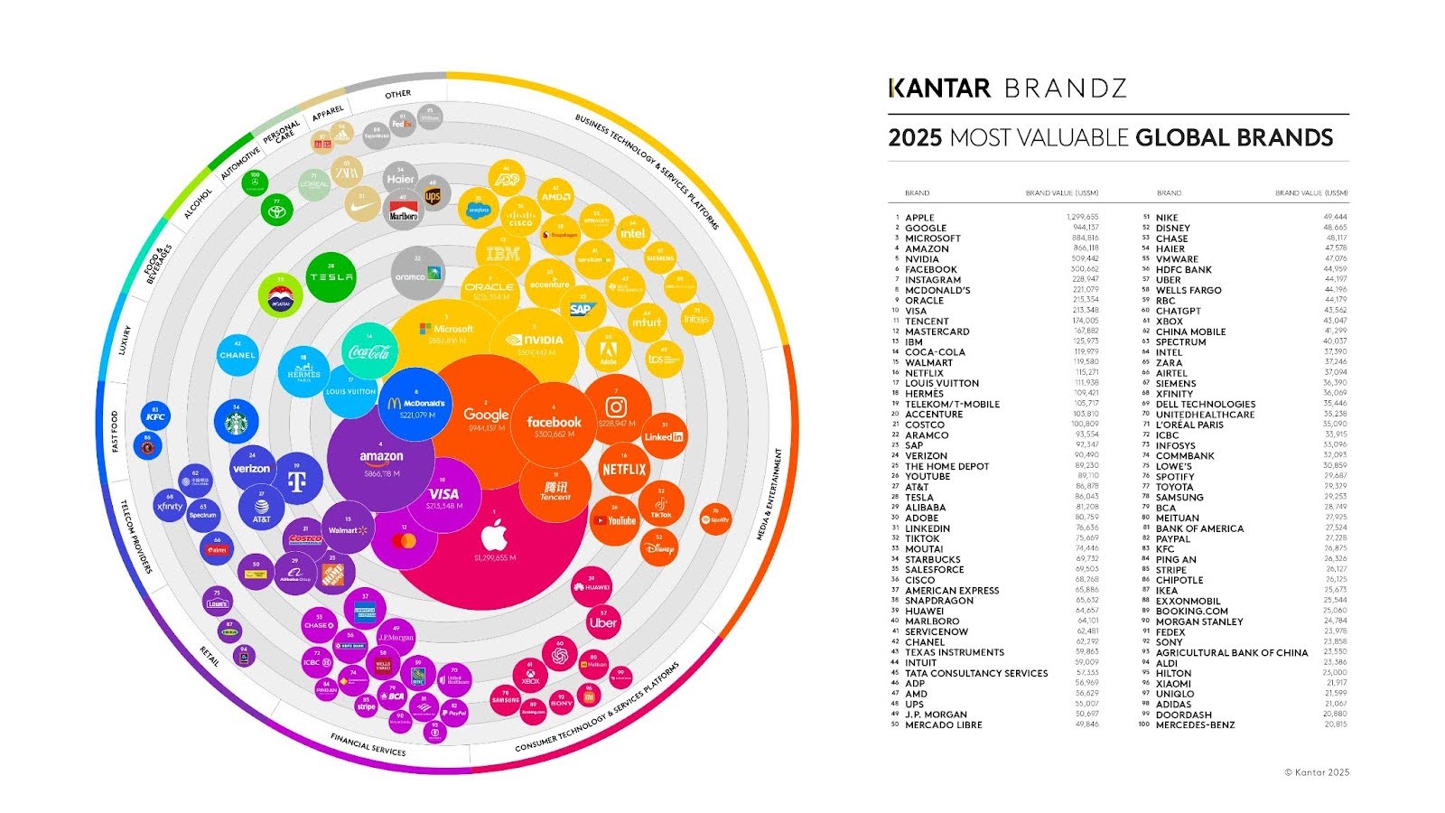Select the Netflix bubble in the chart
pyautogui.click(x=624, y=469)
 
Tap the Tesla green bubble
pyautogui.click(x=331, y=277)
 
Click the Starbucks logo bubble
pyautogui.click(x=237, y=422)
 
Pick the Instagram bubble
pyautogui.click(x=617, y=408)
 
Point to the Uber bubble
pyautogui.click(x=603, y=621)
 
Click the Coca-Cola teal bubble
pyautogui.click(x=369, y=350)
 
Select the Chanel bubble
pyautogui.click(x=238, y=355)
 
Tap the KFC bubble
pyautogui.click(x=155, y=416)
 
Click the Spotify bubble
pyautogui.click(x=715, y=519)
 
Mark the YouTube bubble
pyautogui.click(x=616, y=520)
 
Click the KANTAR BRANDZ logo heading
pyautogui.click(x=1007, y=89)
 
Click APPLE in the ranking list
pyautogui.click(x=919, y=218)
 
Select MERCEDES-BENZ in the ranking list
pyautogui.click(x=1195, y=724)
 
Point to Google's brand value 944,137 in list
pyautogui.click(x=1082, y=228)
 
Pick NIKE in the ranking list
pyautogui.click(x=1167, y=218)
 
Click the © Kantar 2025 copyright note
pyautogui.click(x=1317, y=772)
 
